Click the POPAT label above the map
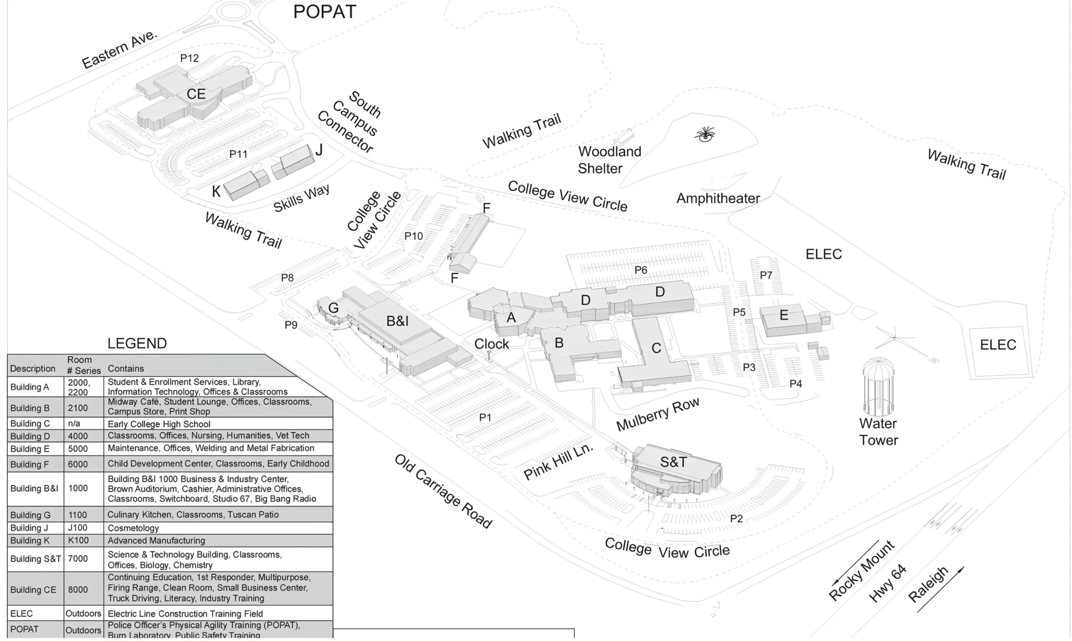point(325,12)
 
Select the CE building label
point(196,94)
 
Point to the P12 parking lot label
point(189,58)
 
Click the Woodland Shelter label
point(609,160)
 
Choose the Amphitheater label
point(718,198)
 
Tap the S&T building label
point(673,462)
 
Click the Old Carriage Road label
point(443,491)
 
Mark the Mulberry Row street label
point(657,414)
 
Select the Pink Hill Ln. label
point(558,462)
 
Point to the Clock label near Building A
point(491,344)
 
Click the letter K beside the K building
point(216,192)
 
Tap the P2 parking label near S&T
point(736,518)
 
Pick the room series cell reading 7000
point(78,559)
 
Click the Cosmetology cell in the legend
point(133,528)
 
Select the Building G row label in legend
point(30,515)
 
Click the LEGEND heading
point(137,343)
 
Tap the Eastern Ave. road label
point(120,49)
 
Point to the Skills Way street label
point(301,198)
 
